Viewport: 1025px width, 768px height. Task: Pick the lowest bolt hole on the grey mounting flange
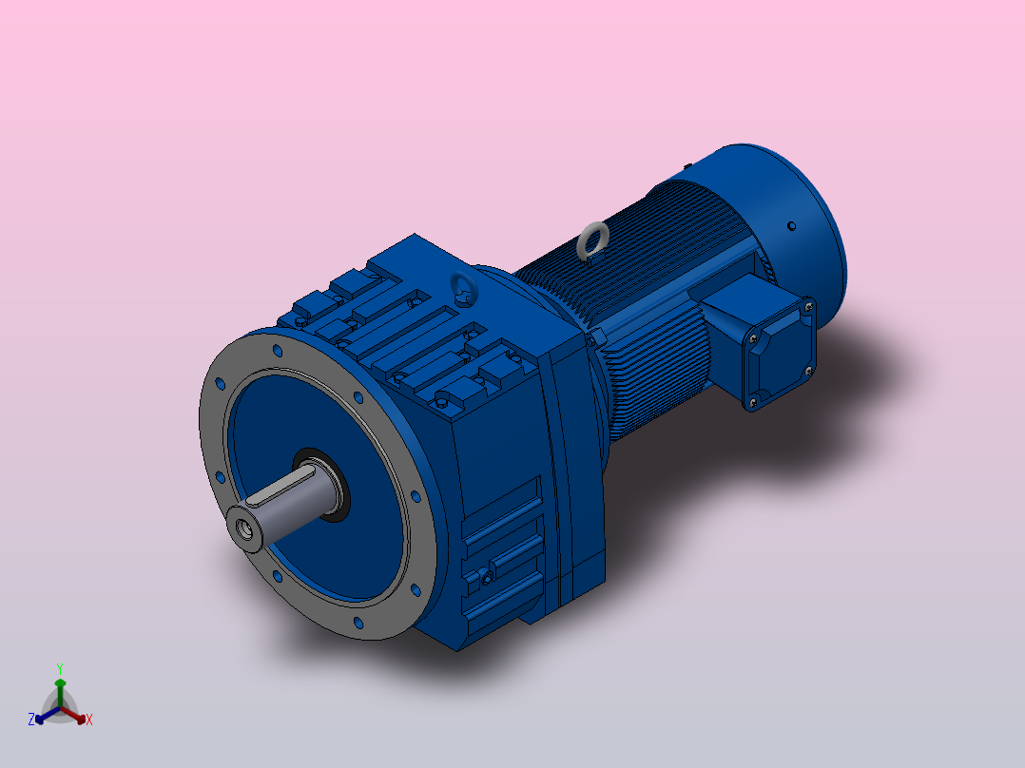[x=358, y=624]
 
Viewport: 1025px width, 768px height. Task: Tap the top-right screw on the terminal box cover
[x=807, y=306]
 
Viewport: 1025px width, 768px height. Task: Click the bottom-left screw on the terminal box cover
[x=753, y=403]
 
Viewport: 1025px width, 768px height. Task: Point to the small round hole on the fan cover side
[x=791, y=226]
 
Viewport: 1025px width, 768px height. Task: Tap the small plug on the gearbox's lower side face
[x=487, y=576]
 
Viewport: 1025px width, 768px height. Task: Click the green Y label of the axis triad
[x=60, y=667]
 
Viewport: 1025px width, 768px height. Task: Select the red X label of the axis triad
[x=89, y=720]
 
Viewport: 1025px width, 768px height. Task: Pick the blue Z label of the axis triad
[x=31, y=720]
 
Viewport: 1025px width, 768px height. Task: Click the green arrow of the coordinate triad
[x=60, y=688]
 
